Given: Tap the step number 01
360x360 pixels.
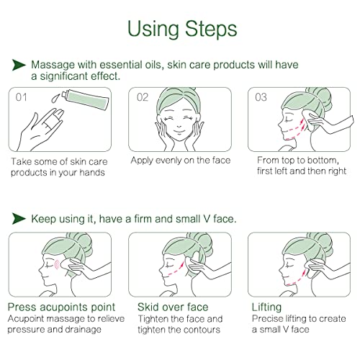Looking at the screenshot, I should click(22, 97).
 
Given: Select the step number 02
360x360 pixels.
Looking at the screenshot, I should click(142, 97).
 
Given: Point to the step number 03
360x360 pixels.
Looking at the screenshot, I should click(261, 97).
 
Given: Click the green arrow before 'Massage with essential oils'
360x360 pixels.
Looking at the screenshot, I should click(19, 65).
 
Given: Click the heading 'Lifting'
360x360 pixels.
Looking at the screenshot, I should click(266, 307).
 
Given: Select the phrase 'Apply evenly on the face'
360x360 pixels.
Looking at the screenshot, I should click(180, 160).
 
